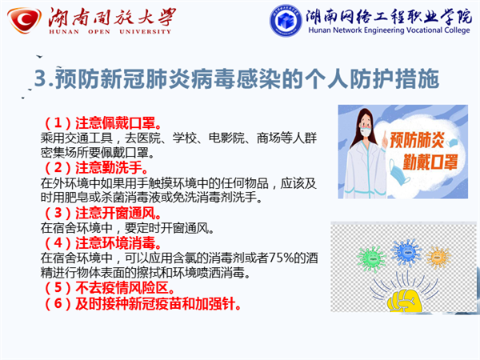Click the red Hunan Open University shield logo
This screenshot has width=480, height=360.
[24, 20]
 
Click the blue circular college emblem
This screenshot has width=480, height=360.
[286, 21]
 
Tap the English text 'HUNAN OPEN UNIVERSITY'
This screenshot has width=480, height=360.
[110, 31]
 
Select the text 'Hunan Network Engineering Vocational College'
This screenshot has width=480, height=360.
[389, 30]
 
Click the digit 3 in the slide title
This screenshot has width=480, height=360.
[41, 78]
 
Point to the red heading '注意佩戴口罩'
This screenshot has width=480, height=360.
[115, 123]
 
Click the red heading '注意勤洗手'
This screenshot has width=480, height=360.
[109, 168]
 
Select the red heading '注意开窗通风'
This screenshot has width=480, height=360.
[115, 213]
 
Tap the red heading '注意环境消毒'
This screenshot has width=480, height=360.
[115, 243]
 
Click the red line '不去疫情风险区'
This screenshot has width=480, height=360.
[122, 288]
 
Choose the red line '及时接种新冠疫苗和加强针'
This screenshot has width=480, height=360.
[155, 304]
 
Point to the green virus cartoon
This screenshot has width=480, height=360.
[371, 258]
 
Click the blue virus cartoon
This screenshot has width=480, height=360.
[406, 252]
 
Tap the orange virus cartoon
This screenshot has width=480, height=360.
[439, 257]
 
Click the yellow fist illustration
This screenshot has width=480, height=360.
[404, 301]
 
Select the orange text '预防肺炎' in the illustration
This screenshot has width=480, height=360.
[417, 140]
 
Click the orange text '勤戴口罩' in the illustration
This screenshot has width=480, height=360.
[430, 162]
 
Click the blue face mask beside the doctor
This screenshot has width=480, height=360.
[399, 172]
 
